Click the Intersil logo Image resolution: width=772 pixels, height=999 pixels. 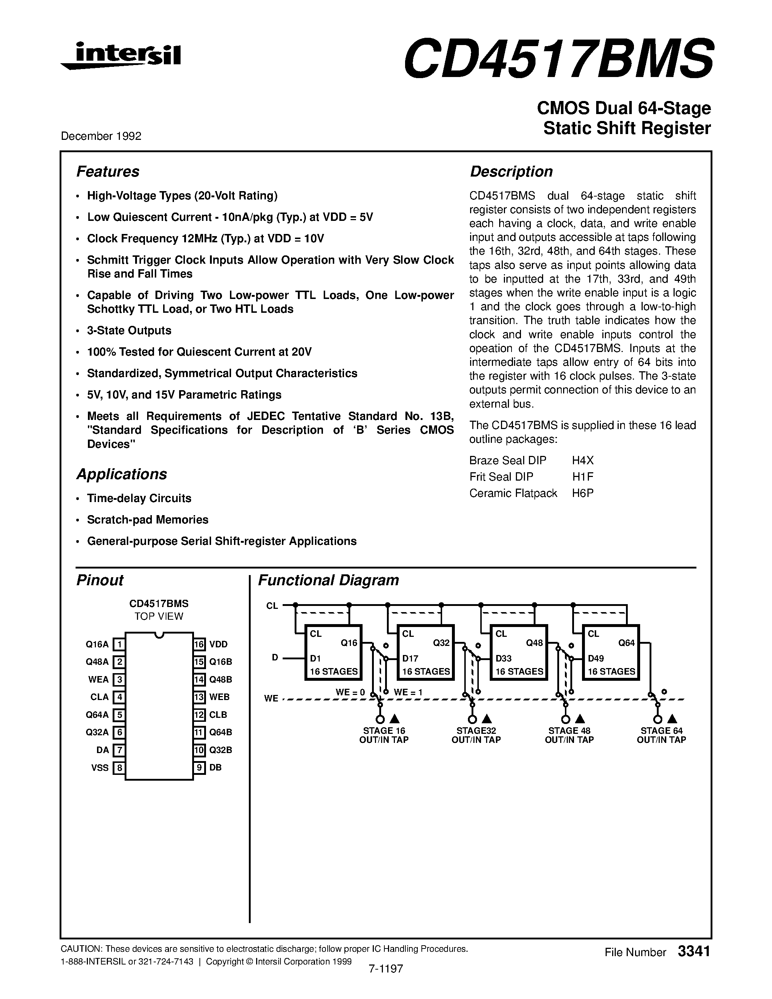pos(121,56)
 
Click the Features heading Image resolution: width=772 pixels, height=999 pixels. pos(108,171)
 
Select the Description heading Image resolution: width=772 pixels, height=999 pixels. pos(511,171)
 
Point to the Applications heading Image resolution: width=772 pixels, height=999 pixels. pos(121,474)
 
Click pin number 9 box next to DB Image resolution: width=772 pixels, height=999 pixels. pos(199,768)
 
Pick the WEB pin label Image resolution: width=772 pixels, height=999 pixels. pos(219,697)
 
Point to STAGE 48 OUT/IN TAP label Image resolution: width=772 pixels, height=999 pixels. pos(569,735)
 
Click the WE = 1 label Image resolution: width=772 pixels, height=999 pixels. pos(408,692)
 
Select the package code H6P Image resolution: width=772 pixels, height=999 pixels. pos(582,493)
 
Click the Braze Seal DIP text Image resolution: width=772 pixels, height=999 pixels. pos(507,460)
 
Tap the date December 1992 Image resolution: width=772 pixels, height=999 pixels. pos(101,136)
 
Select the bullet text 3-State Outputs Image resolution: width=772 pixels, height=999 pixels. pos(129,330)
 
